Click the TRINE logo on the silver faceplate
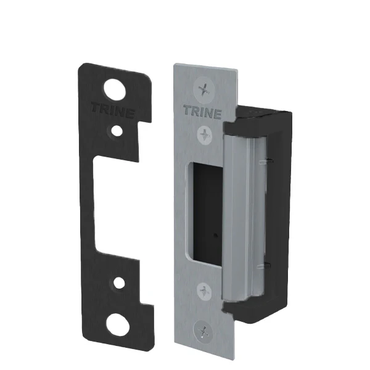(x=202, y=112)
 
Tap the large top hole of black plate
(x=115, y=89)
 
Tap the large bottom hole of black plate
(x=118, y=324)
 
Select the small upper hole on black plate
(x=117, y=131)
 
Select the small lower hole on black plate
(x=119, y=282)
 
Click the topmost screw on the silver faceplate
(x=203, y=89)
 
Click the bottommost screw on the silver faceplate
(x=203, y=331)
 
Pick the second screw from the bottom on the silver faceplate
(x=204, y=292)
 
